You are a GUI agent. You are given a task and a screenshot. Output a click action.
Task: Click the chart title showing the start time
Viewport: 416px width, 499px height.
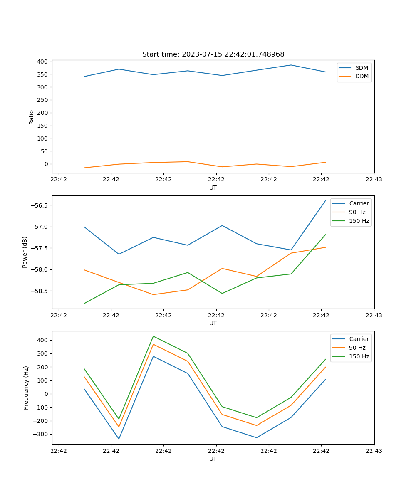click(213, 54)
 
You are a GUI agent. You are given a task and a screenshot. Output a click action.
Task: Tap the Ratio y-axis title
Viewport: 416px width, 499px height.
click(32, 117)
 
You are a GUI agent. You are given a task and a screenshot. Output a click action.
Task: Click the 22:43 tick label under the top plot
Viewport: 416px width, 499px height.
click(374, 180)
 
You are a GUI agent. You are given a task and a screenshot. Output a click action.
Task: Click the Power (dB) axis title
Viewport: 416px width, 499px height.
click(25, 252)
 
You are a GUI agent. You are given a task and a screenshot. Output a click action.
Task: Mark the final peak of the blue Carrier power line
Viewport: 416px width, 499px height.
click(325, 200)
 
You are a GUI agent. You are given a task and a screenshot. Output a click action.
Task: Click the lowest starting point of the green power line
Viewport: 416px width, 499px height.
click(84, 303)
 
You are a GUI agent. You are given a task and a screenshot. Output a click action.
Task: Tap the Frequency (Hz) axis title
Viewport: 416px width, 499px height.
click(26, 388)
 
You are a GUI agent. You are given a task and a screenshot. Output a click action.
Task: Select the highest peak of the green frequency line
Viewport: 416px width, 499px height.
click(153, 336)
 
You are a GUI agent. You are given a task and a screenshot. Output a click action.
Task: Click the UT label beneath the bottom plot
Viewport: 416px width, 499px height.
click(213, 459)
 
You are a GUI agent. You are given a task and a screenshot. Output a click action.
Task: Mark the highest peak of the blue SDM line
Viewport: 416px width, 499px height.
click(291, 65)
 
